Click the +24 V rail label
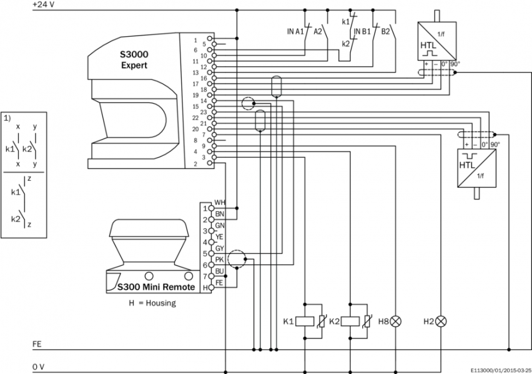coord(43,4)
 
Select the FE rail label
coord(37,343)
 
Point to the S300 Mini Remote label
coord(156,287)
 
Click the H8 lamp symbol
coord(395,322)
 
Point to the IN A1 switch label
coord(295,31)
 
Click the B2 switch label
coord(386,31)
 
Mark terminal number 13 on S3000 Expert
coord(195,73)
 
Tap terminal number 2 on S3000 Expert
coord(195,164)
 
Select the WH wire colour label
coord(219,202)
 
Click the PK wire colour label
coord(219,259)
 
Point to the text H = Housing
coord(152,303)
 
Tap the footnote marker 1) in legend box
coord(7,117)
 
